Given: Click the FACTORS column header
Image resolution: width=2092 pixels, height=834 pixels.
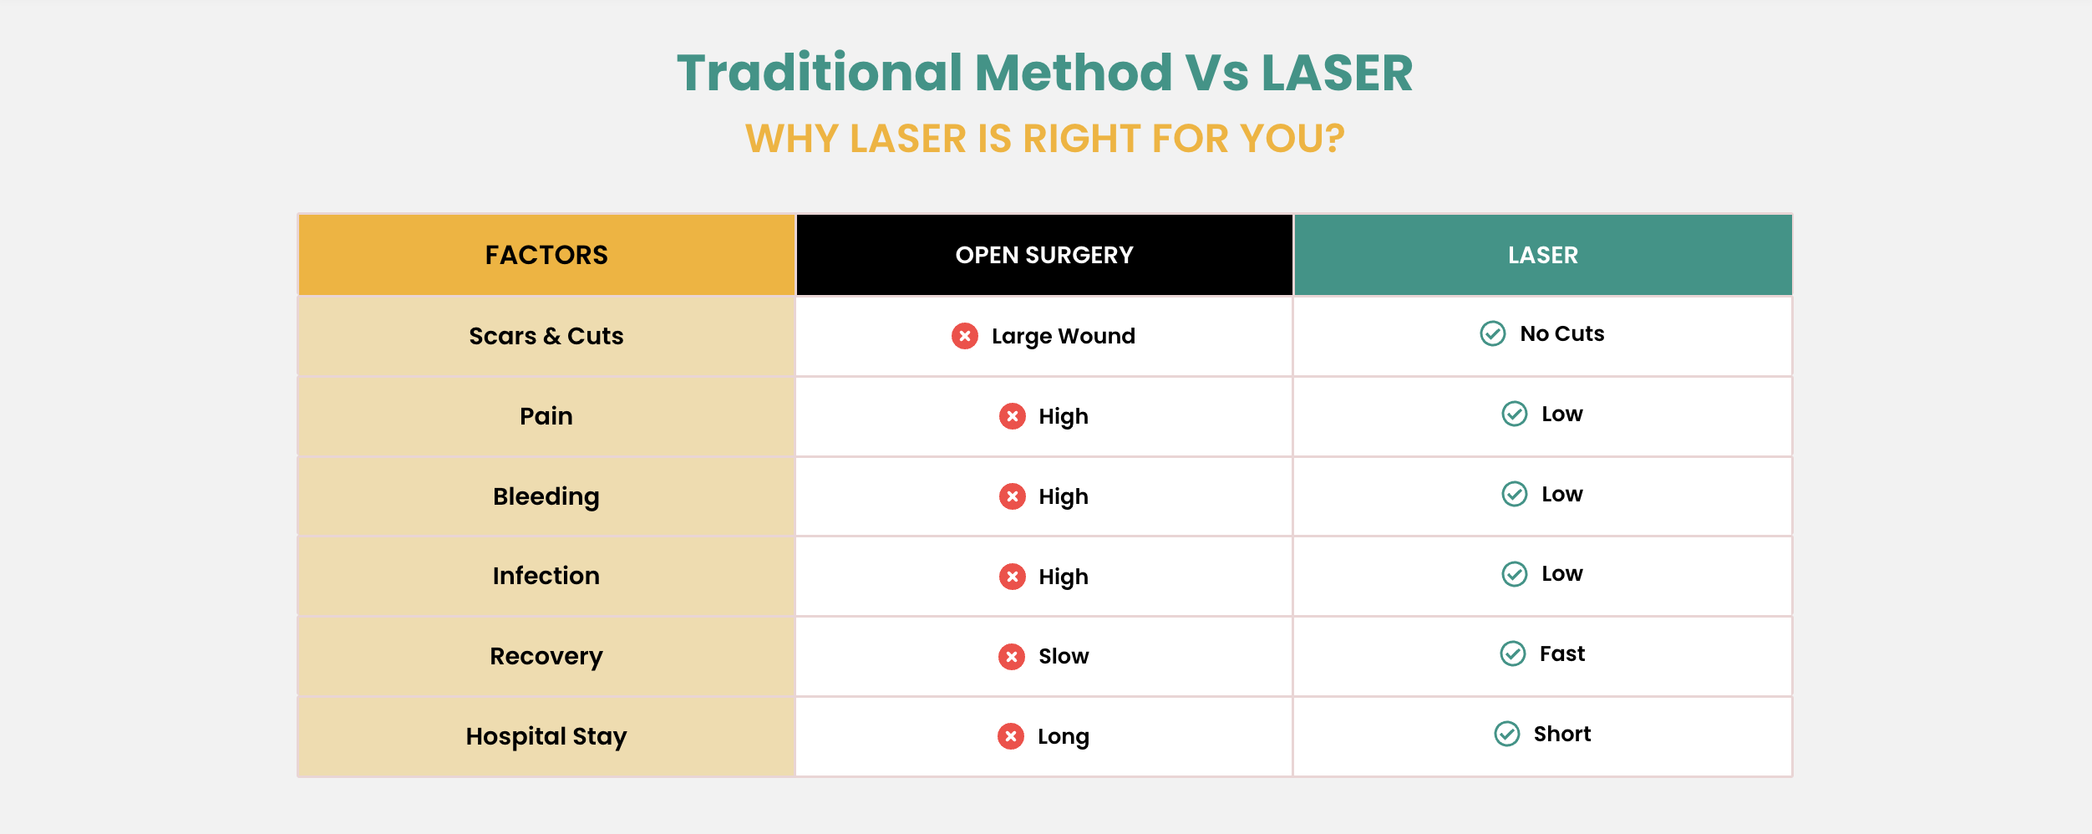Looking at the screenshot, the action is click(x=546, y=255).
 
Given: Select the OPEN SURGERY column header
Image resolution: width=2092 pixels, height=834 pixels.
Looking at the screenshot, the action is click(x=1044, y=255).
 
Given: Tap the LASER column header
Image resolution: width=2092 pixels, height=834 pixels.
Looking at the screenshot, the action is click(x=1543, y=255).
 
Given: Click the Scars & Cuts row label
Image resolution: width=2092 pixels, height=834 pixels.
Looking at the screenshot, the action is click(x=546, y=336).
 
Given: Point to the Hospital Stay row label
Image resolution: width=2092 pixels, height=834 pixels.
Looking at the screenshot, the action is click(x=546, y=737).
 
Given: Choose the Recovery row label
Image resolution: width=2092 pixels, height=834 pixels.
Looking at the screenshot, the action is click(x=546, y=657).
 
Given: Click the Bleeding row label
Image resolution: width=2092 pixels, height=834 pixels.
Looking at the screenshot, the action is click(x=546, y=497).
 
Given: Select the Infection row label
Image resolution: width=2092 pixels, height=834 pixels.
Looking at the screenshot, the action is click(x=546, y=576).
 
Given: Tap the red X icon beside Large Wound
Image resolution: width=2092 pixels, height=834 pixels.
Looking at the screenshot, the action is click(x=965, y=336).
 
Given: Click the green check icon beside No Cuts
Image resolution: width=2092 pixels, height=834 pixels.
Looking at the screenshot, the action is click(x=1493, y=333).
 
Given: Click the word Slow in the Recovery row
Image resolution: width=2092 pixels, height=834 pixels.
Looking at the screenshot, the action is click(x=1064, y=657).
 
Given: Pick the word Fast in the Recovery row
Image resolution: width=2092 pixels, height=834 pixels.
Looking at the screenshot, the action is click(x=1562, y=653).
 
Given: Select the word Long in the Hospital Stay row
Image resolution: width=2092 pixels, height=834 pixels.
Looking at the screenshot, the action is click(x=1064, y=737).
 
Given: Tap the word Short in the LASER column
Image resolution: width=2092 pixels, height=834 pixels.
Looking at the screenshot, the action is click(x=1562, y=734).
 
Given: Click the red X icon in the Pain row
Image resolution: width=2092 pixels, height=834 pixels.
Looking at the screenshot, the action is click(x=1013, y=416).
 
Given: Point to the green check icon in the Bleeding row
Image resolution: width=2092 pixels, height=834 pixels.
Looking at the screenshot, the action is click(x=1515, y=494).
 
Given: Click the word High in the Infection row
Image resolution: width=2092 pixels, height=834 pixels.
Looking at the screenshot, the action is click(x=1064, y=577).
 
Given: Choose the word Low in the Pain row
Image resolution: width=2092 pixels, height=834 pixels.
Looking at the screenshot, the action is click(x=1562, y=414).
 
